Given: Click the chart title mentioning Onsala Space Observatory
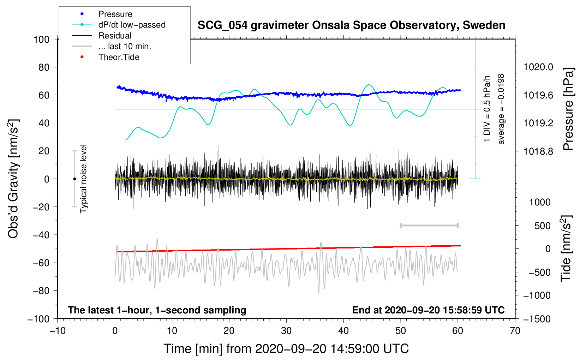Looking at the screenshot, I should click(x=351, y=25).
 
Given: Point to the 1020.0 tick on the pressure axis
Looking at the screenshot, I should click(x=538, y=67).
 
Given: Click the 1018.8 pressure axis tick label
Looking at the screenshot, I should click(x=538, y=151).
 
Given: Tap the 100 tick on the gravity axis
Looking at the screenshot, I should click(x=41, y=39).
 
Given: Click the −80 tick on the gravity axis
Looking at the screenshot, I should click(x=41, y=291).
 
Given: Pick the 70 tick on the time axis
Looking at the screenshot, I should click(x=515, y=331).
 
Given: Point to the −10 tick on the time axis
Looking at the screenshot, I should click(x=58, y=331).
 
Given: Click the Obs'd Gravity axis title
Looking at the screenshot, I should click(x=13, y=179).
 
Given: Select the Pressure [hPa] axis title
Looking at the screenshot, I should click(x=568, y=109).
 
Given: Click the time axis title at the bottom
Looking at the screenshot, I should click(x=286, y=349).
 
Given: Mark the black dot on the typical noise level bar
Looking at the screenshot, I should click(x=74, y=179).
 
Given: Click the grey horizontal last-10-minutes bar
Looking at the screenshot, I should click(x=429, y=225).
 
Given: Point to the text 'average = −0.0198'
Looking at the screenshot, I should click(x=501, y=109).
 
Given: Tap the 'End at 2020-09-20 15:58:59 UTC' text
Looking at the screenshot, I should click(x=428, y=310).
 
